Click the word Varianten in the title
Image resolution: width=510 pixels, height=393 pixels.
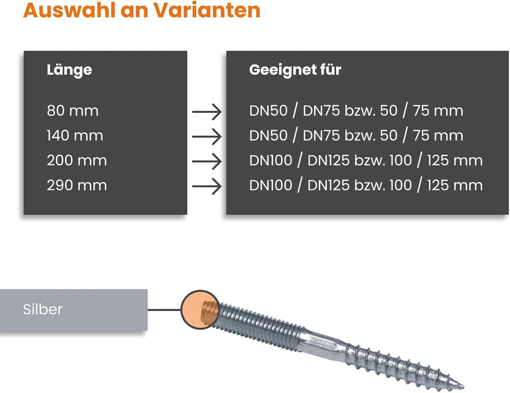click(x=207, y=10)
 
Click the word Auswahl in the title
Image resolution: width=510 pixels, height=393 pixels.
click(x=69, y=10)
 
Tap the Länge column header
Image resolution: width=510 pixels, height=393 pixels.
click(x=69, y=70)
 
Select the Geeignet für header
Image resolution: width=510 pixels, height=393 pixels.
click(x=295, y=70)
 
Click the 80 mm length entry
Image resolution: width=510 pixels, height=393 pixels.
click(x=73, y=111)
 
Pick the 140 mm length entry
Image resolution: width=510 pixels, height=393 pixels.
click(x=75, y=136)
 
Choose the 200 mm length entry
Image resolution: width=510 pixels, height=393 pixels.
click(x=77, y=161)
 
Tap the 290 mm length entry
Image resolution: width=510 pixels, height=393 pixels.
click(x=77, y=186)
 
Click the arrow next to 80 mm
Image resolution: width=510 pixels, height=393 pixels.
click(x=207, y=112)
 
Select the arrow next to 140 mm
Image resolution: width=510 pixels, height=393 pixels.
click(x=207, y=137)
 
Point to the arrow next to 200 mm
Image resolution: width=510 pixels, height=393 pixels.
click(x=207, y=162)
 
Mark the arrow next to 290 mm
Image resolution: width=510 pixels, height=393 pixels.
click(x=207, y=187)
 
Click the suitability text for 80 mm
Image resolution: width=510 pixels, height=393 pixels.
click(x=356, y=111)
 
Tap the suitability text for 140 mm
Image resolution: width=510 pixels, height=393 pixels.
click(x=356, y=136)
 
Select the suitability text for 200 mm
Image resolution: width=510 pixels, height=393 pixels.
click(x=366, y=161)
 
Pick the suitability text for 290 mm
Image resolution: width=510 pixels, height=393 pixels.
click(x=366, y=186)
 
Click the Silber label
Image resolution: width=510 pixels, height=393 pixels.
click(x=42, y=309)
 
